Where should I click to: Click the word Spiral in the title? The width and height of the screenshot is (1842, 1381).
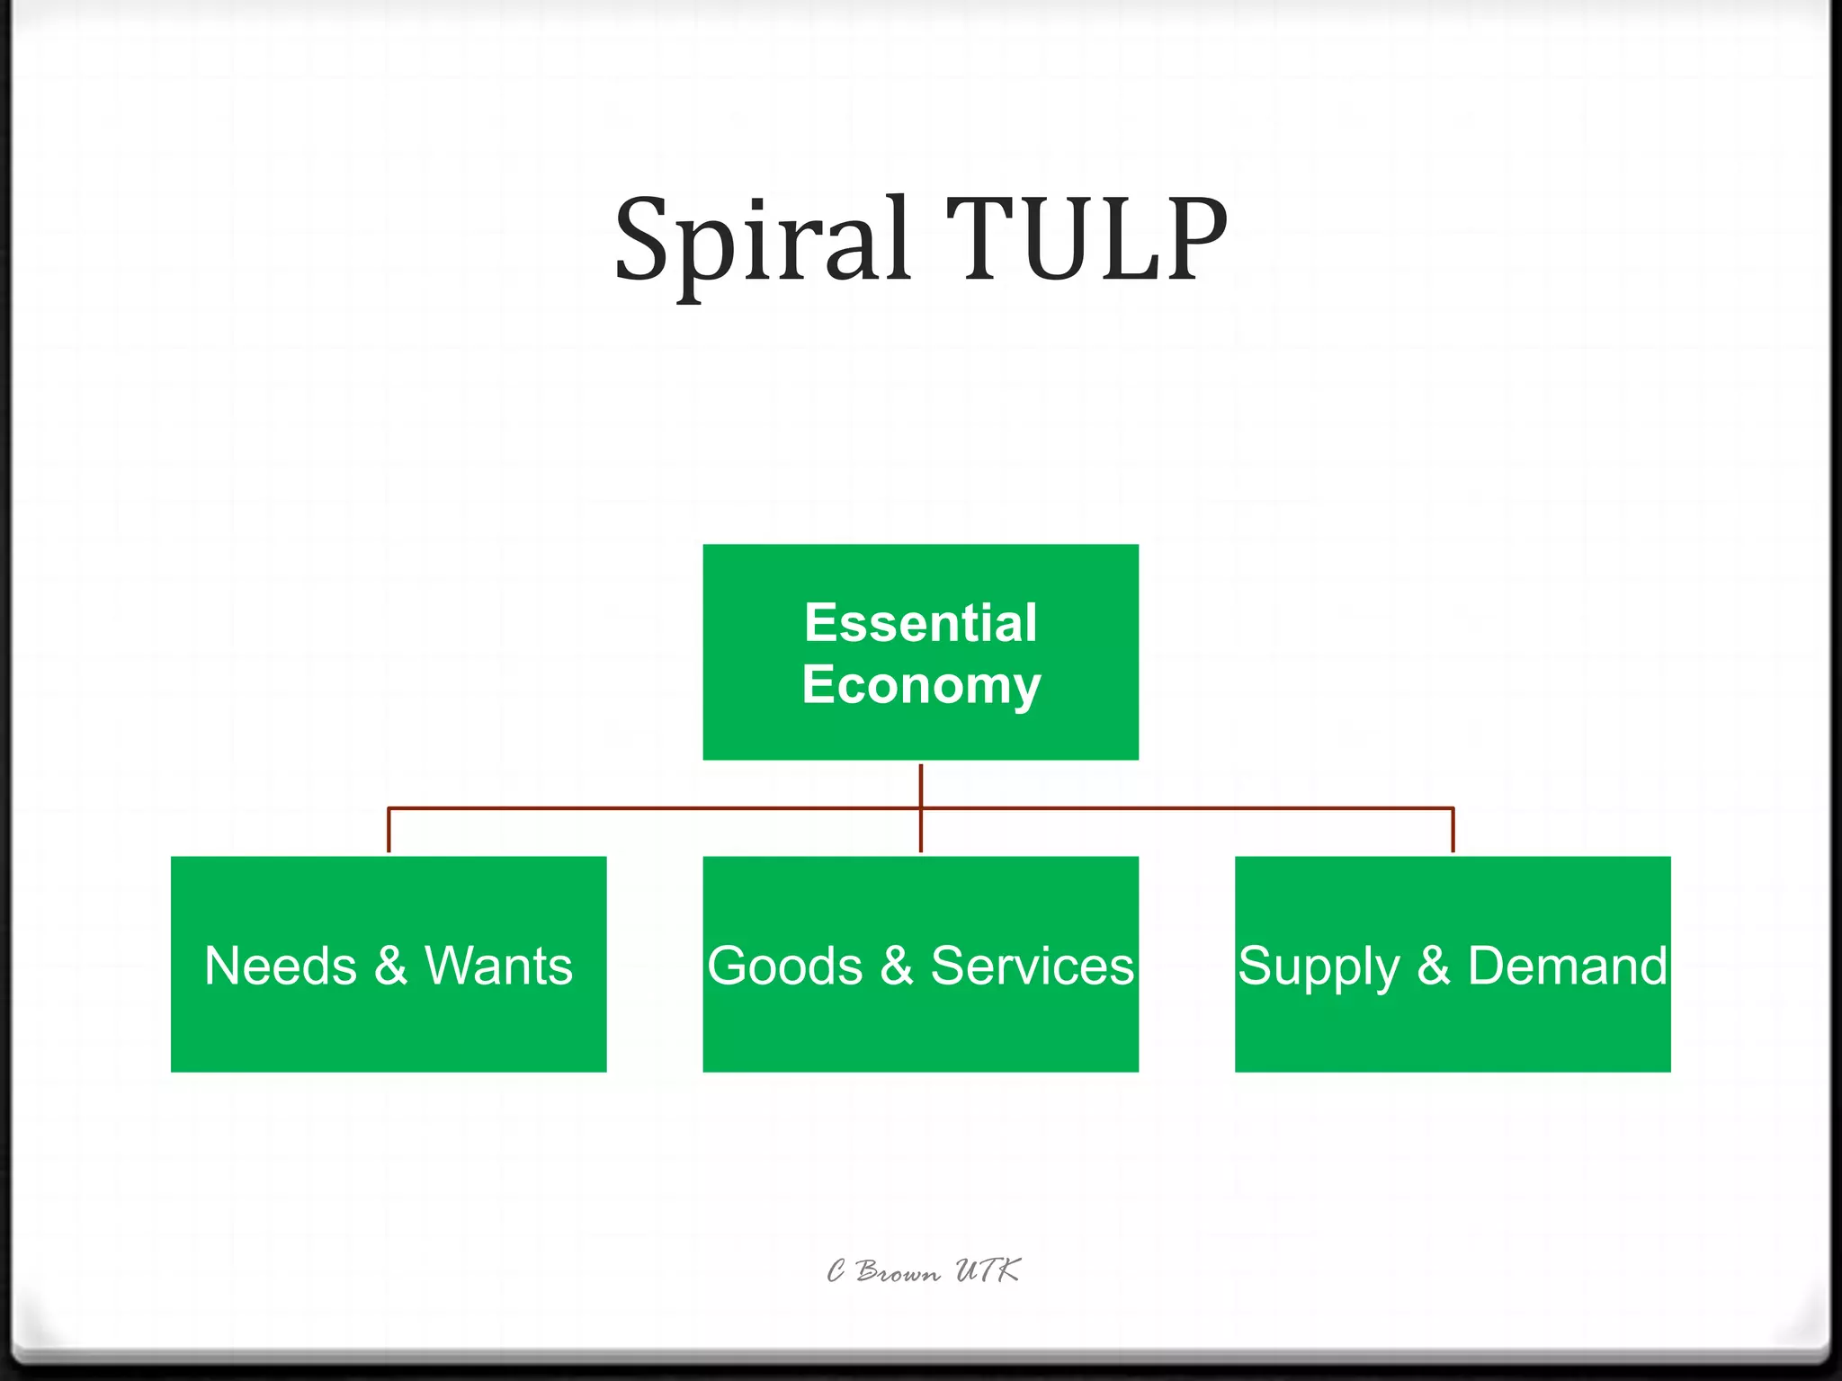761,240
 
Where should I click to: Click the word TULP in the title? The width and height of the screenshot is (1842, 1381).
1086,240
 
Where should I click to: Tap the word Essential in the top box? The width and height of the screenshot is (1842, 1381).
921,622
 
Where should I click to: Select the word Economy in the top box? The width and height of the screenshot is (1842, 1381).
921,685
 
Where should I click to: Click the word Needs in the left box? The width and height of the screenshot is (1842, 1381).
281,966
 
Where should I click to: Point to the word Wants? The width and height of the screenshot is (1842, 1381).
498,966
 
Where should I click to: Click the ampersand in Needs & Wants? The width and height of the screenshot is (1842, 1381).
390,966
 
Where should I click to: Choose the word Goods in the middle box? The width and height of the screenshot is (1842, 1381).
784,966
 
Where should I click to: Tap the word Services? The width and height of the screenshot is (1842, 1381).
1033,966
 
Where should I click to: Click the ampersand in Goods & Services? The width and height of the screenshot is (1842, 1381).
897,966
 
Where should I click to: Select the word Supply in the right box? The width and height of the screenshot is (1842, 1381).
1318,967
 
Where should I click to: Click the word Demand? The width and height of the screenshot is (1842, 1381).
1568,966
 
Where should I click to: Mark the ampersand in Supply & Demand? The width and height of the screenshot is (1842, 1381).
1434,966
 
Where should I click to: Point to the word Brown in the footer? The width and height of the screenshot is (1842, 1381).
898,1271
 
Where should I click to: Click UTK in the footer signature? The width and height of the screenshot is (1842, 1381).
988,1270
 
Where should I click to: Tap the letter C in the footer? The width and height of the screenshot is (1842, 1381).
836,1271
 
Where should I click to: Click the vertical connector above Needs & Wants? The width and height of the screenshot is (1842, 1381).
389,830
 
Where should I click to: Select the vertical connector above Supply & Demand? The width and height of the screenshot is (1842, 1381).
1453,830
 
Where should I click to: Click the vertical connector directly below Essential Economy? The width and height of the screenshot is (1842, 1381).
921,784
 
